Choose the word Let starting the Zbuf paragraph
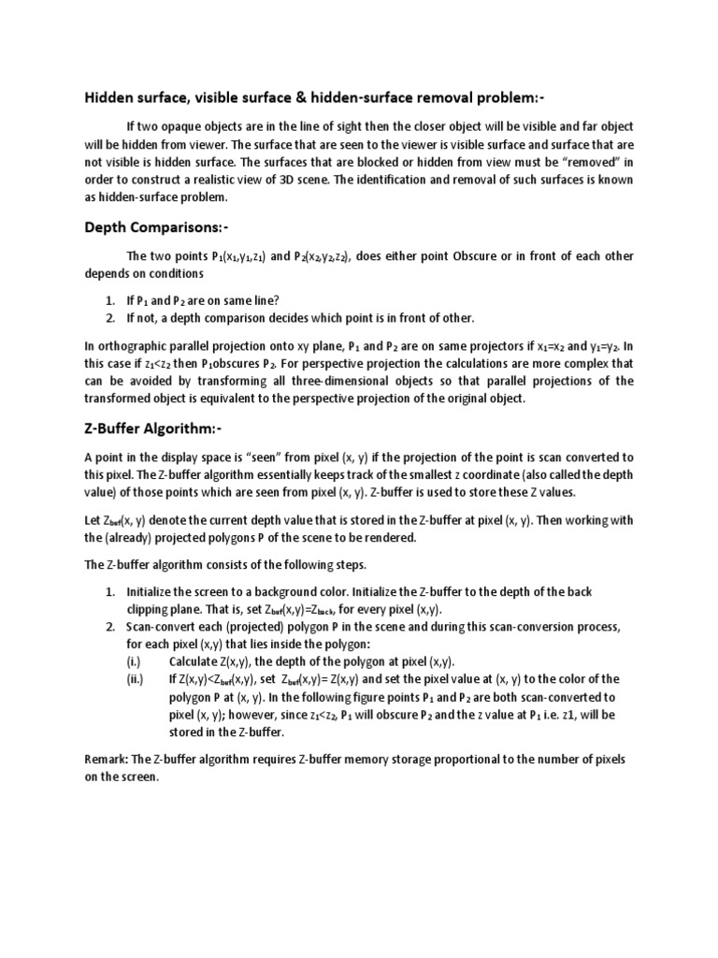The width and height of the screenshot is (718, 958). click(x=93, y=519)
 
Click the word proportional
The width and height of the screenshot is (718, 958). click(x=491, y=759)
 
